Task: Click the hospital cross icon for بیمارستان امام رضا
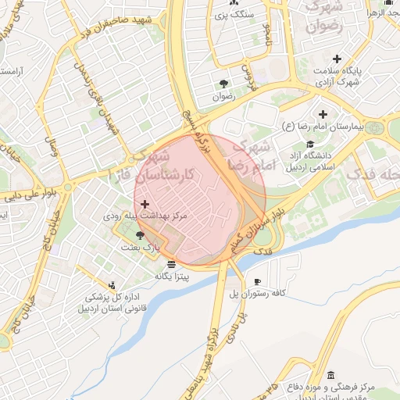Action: click(x=323, y=115)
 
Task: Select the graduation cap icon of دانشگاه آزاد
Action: click(x=310, y=144)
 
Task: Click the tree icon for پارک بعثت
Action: click(x=141, y=235)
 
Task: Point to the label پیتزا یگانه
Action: click(x=171, y=276)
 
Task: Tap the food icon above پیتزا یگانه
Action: click(x=171, y=263)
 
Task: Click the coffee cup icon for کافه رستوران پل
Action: click(x=257, y=282)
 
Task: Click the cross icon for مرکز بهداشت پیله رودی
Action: click(x=145, y=203)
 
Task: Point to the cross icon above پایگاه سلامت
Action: click(x=337, y=59)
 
